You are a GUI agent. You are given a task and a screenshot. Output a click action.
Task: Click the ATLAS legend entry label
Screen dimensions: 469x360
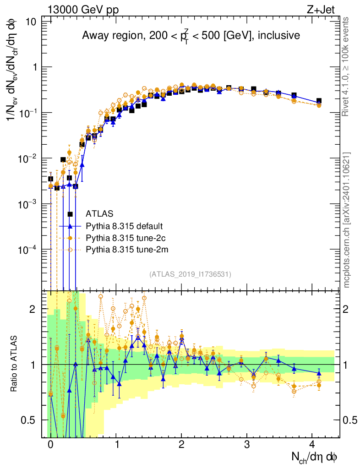(100, 214)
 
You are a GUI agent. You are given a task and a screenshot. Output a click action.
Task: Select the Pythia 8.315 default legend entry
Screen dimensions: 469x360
(124, 226)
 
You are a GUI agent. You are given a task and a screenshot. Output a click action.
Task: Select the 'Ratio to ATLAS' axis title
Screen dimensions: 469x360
(15, 364)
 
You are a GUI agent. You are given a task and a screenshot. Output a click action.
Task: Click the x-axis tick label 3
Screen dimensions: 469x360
(247, 444)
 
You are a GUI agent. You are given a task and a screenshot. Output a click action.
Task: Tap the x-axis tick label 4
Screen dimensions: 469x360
(312, 444)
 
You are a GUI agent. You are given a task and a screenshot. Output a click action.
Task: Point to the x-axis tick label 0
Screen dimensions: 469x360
(50, 444)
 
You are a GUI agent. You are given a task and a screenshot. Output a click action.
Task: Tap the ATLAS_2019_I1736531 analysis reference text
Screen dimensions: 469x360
(190, 274)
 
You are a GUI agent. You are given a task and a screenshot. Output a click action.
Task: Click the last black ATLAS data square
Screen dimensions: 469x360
(319, 101)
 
